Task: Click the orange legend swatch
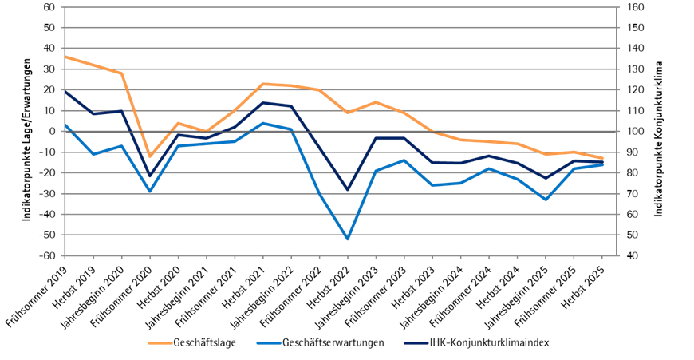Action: pos(160,343)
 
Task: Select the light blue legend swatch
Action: pos(269,343)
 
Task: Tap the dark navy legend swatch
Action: pos(416,343)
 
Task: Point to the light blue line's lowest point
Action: pos(348,239)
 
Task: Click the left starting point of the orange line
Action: pos(65,57)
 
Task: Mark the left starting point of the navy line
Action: pos(65,91)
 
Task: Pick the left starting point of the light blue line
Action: pos(65,125)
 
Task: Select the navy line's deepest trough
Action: pos(348,190)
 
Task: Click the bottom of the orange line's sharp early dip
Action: pos(149,156)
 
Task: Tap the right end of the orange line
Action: pos(602,158)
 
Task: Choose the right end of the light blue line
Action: pos(602,164)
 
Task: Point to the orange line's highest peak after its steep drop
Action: pos(262,84)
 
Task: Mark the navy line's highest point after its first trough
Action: pos(262,102)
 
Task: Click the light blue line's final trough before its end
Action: pos(546,200)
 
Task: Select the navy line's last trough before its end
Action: pos(546,178)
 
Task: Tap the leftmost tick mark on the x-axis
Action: pos(65,257)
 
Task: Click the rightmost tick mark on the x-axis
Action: pos(602,257)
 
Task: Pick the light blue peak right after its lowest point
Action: pos(404,160)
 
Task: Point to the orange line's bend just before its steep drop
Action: pos(121,73)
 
